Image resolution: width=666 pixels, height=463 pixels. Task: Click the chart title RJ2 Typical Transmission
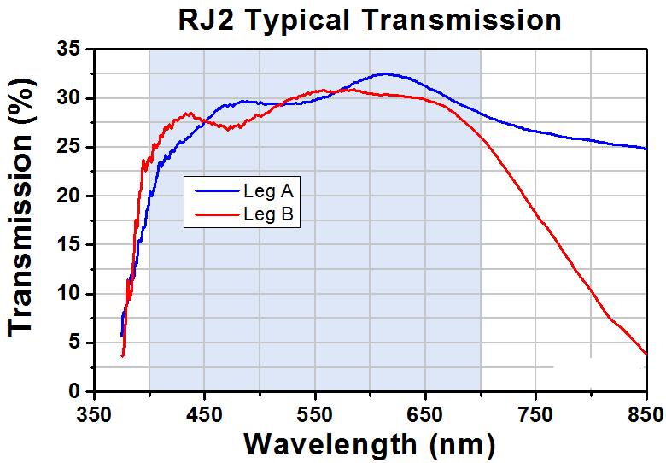[370, 21]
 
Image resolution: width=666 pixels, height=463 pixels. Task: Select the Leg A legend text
[268, 191]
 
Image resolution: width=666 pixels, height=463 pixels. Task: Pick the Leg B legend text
[268, 214]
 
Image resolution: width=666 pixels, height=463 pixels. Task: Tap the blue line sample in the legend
[217, 191]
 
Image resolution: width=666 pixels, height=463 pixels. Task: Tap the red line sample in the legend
[217, 214]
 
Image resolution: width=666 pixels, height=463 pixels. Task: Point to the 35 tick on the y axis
[68, 50]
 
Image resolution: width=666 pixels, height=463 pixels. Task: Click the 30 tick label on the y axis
[68, 98]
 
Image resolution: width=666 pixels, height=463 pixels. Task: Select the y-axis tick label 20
[68, 196]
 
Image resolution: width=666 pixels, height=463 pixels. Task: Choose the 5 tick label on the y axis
[74, 343]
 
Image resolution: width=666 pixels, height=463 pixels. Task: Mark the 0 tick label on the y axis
[74, 391]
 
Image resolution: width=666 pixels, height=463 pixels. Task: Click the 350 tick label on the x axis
[94, 414]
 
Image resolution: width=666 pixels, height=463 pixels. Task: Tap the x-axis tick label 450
[204, 414]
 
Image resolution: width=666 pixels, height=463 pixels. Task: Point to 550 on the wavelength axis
[315, 414]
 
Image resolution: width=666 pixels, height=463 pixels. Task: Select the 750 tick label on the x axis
[535, 414]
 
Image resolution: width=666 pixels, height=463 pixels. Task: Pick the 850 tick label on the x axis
[646, 414]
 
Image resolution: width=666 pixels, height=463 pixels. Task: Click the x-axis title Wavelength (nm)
[370, 445]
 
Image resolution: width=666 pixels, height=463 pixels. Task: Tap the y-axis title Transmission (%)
[20, 208]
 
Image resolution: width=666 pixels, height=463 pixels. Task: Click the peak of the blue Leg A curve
[386, 74]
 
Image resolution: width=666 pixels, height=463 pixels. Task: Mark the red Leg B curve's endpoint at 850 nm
[646, 354]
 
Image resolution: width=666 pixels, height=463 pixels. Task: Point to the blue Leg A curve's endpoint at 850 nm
[646, 149]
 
